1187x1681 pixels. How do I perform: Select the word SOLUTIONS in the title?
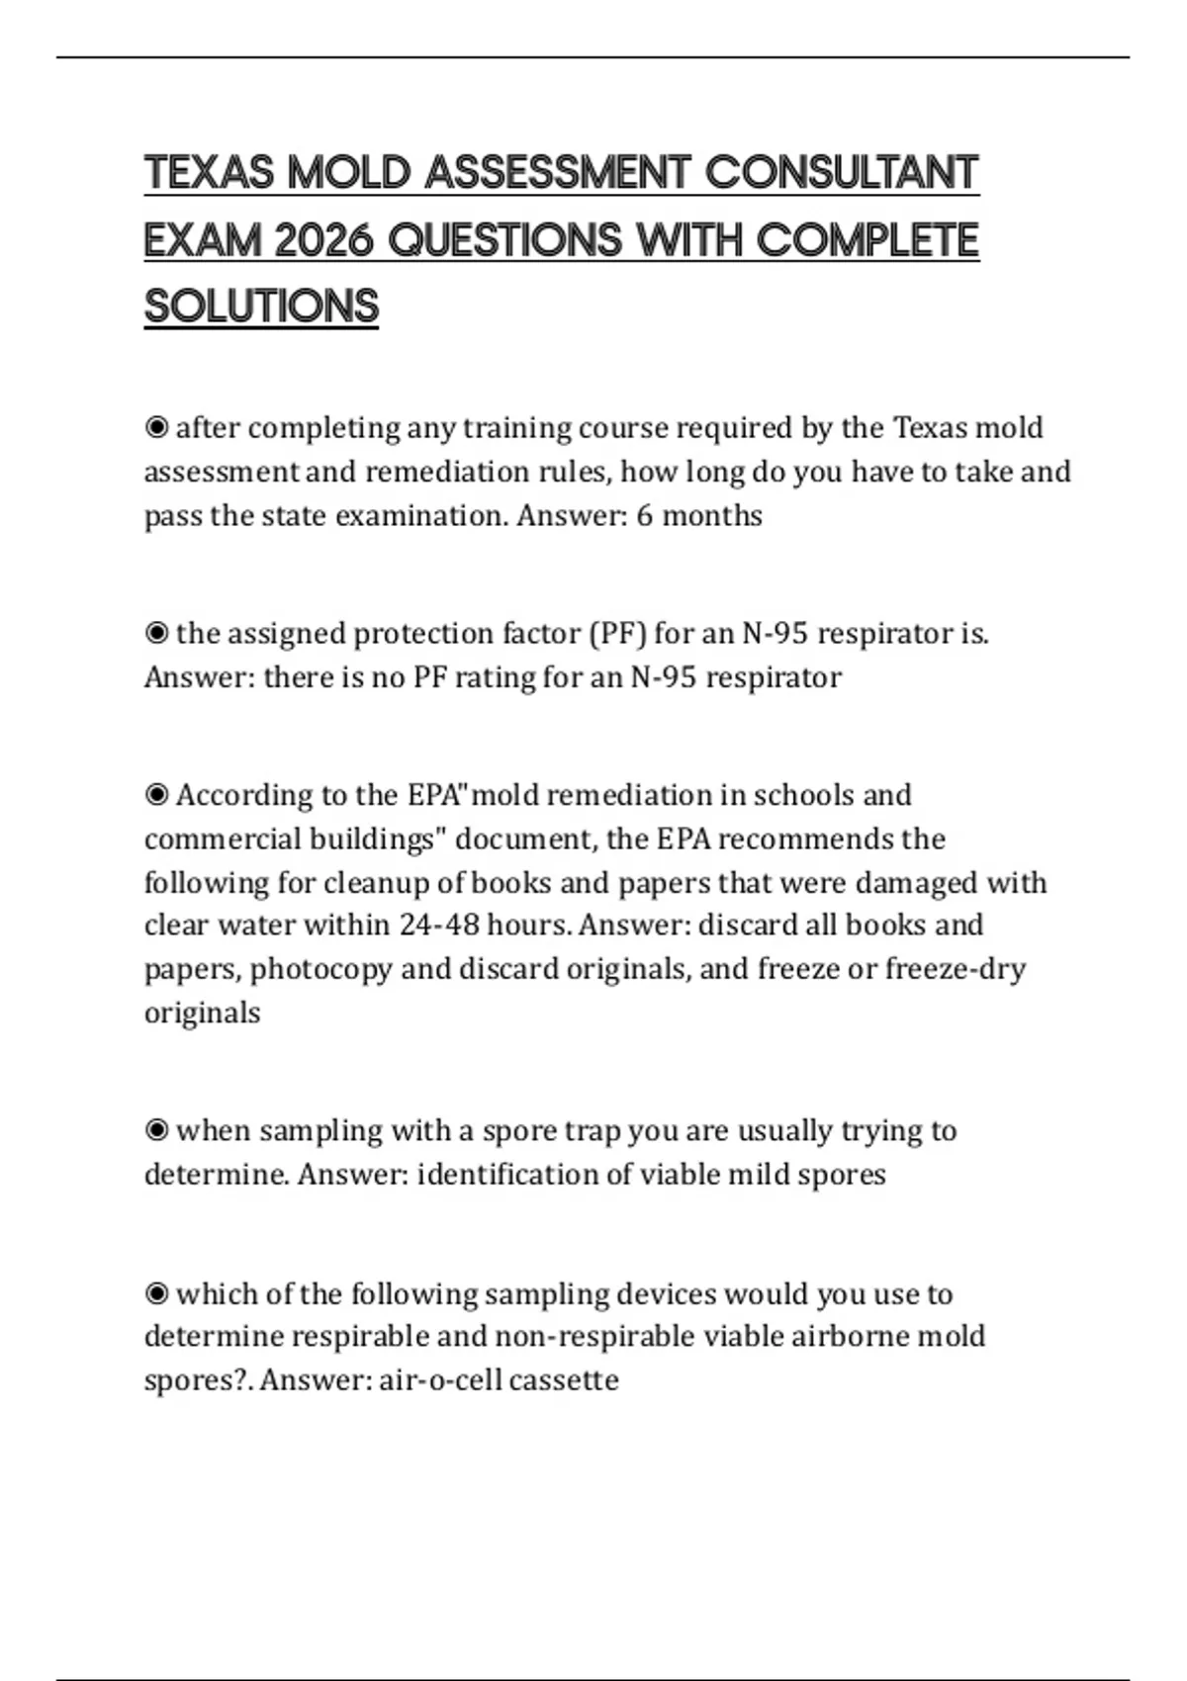coord(262,307)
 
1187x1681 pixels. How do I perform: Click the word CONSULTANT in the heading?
coord(842,173)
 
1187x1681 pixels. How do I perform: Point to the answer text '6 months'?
coord(699,515)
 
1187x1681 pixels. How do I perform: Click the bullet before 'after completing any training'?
coord(156,428)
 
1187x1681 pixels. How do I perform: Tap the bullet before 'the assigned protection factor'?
coord(156,633)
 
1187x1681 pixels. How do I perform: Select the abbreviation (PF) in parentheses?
coord(617,633)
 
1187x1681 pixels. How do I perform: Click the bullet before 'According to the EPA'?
coord(156,795)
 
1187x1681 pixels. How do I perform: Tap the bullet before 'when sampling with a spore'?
coord(156,1130)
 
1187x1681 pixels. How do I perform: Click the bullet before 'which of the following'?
coord(156,1293)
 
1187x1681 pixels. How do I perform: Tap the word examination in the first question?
coord(420,515)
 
